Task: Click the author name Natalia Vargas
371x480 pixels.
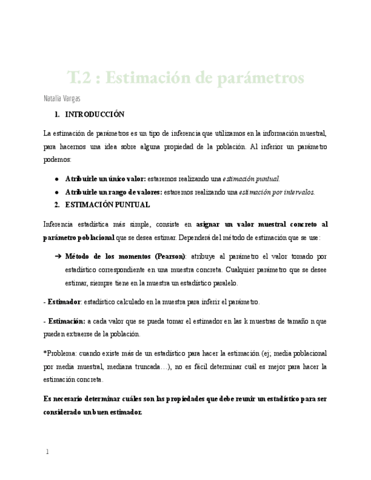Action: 62,98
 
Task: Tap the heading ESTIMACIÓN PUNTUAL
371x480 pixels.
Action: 108,204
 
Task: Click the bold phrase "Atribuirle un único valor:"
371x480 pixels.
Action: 105,178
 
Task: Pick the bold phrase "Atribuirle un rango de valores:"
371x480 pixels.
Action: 113,191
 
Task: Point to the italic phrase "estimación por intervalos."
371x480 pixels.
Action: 277,191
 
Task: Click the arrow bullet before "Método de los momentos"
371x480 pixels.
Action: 58,256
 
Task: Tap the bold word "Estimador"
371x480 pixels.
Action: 65,302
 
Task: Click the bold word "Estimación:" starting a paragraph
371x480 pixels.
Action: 67,321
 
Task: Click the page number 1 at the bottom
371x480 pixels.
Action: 47,452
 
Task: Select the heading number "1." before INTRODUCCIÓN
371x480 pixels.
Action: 57,114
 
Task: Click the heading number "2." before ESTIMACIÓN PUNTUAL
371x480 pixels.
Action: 57,204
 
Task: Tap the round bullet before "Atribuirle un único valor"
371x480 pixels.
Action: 57,178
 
